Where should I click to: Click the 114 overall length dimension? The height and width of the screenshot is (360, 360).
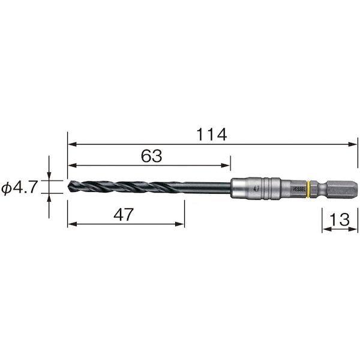[x=212, y=134]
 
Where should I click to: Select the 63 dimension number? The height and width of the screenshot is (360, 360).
[x=151, y=156]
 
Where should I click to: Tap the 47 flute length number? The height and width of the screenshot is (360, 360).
[x=124, y=214]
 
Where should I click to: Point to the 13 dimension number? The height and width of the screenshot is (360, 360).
[x=340, y=220]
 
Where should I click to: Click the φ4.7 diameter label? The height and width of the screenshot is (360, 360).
[x=19, y=187]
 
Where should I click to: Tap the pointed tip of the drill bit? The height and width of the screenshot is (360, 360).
[x=68, y=186]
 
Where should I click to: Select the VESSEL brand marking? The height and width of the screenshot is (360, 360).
[x=299, y=190]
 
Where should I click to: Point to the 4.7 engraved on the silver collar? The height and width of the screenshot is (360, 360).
[x=256, y=189]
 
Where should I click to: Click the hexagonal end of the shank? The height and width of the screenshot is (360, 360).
[x=342, y=189]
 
